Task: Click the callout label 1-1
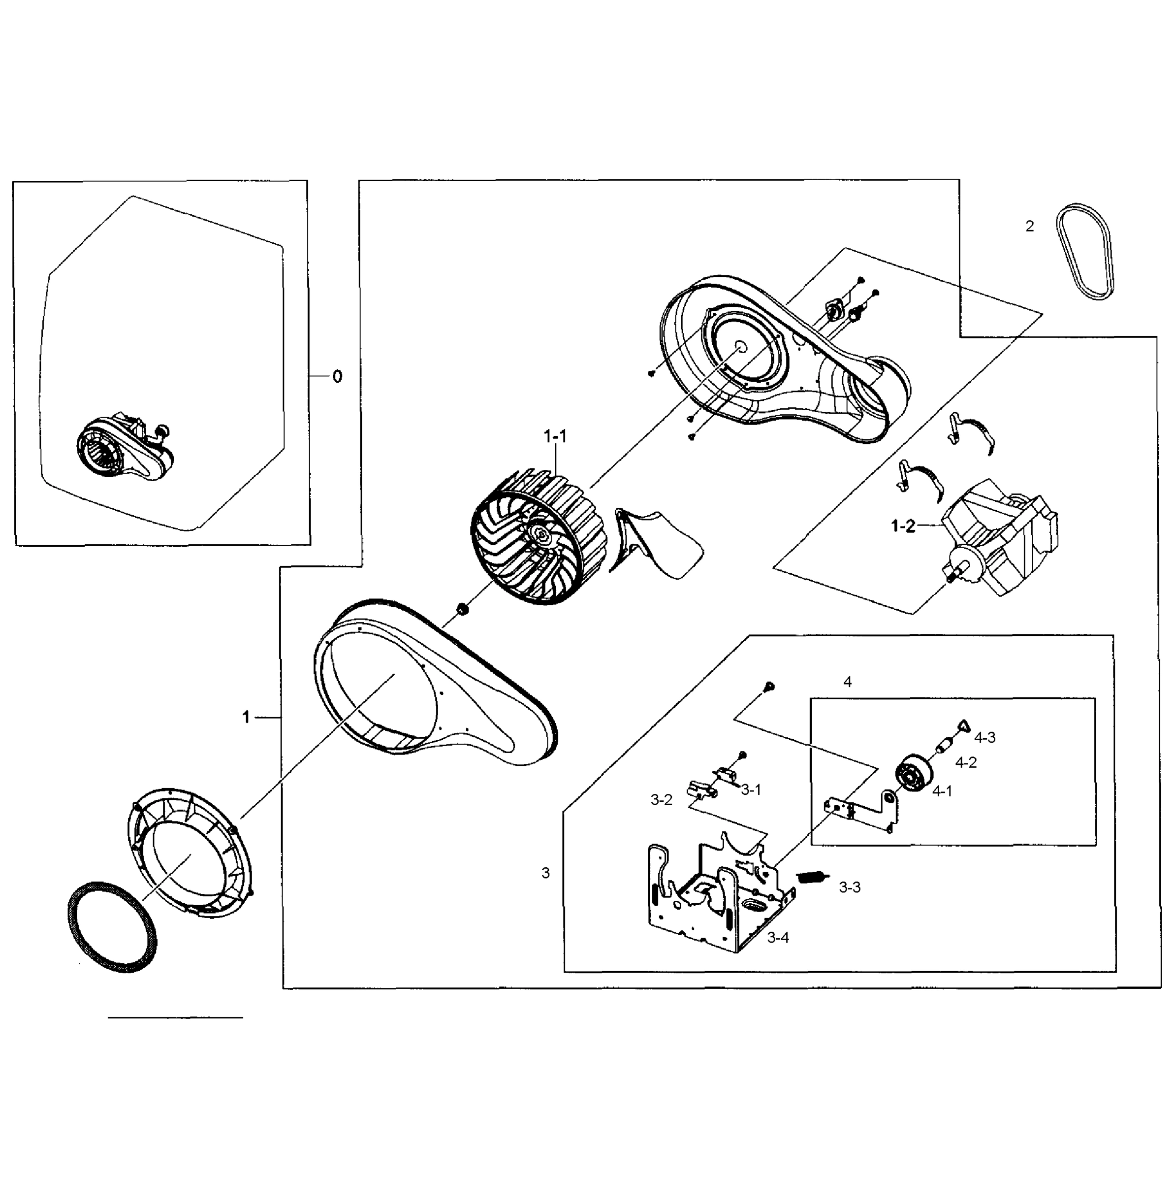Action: tap(555, 436)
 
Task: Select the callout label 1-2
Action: tap(903, 526)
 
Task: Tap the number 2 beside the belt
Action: tap(1030, 227)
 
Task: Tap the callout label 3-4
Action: tap(778, 937)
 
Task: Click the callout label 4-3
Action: tap(984, 738)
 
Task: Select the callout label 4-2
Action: tap(966, 763)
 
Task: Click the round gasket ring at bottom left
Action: tap(111, 927)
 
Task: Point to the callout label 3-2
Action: tap(661, 800)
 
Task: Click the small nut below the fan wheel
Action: tap(462, 609)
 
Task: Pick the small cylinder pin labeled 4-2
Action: tap(945, 747)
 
